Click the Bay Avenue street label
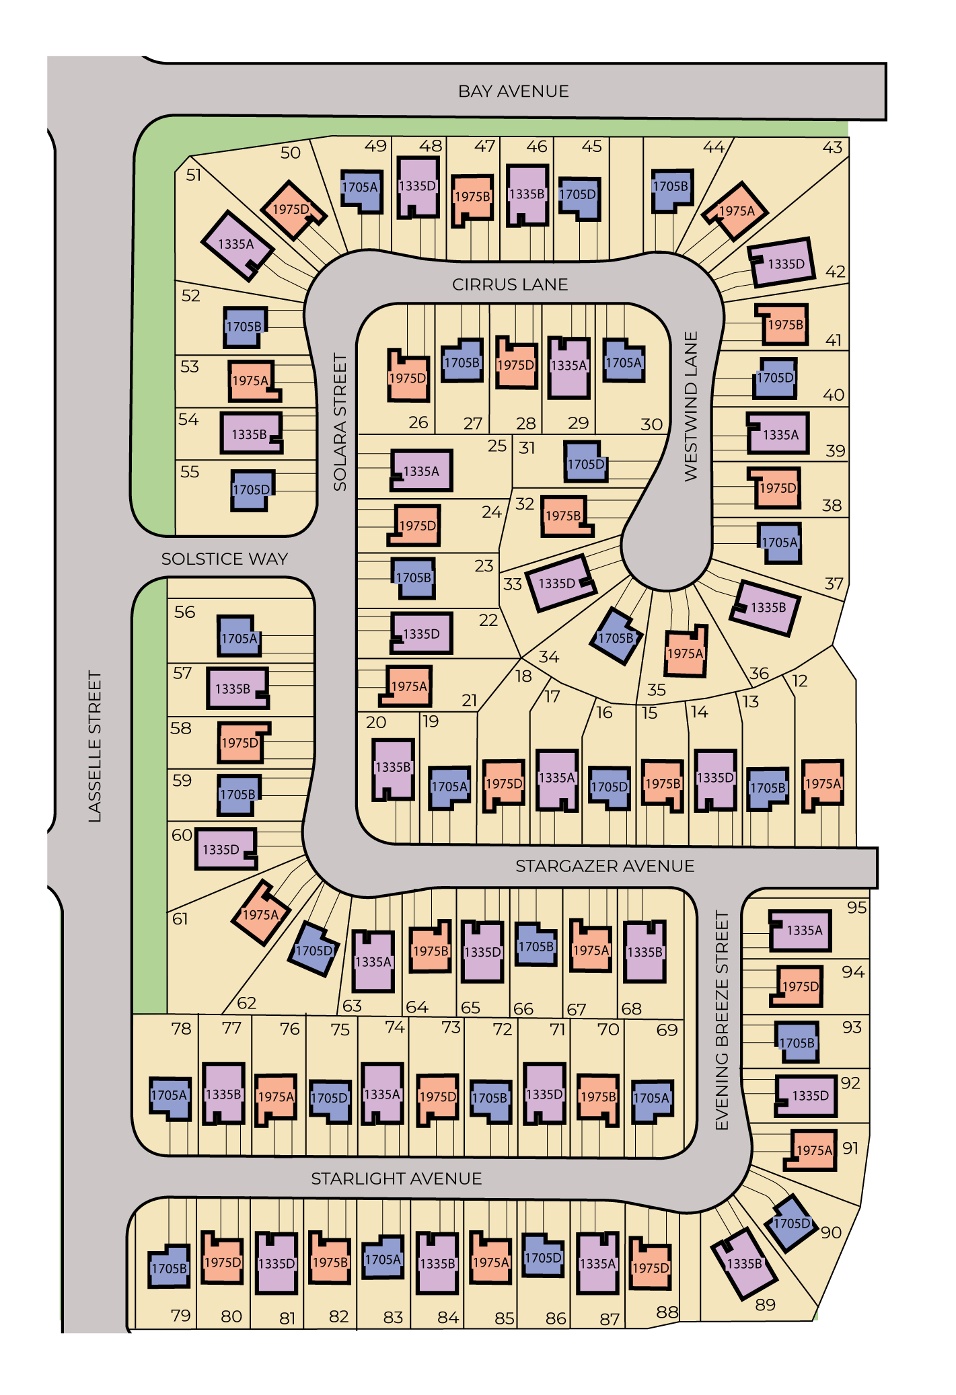(513, 91)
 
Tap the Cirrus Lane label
(510, 284)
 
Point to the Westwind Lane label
(691, 406)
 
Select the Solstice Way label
(225, 559)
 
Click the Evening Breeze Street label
(722, 1021)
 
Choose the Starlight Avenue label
(396, 1179)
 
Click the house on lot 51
(237, 246)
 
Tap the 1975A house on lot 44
(735, 211)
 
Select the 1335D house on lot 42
(781, 262)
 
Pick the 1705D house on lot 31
(586, 462)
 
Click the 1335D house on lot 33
(560, 583)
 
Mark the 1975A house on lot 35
(686, 651)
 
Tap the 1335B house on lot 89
(744, 1264)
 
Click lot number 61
(180, 919)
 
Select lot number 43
(832, 147)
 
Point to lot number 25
(497, 446)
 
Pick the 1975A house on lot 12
(823, 785)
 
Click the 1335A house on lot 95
(800, 930)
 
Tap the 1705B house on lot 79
(169, 1267)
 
